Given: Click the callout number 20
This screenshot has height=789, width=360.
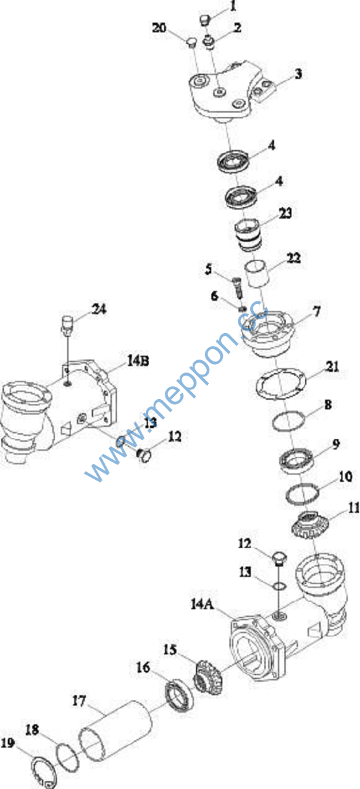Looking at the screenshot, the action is (x=159, y=27).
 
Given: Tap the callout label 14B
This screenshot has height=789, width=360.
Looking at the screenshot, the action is (x=138, y=360).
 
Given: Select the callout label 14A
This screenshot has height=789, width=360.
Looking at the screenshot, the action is (x=202, y=604).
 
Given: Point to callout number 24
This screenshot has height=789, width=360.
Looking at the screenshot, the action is (x=99, y=309).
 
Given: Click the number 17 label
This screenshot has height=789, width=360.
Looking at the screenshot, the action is (x=79, y=701).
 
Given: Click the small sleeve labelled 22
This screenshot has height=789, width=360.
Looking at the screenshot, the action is (x=258, y=275).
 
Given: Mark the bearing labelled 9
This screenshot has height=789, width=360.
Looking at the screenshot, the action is (x=296, y=460).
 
